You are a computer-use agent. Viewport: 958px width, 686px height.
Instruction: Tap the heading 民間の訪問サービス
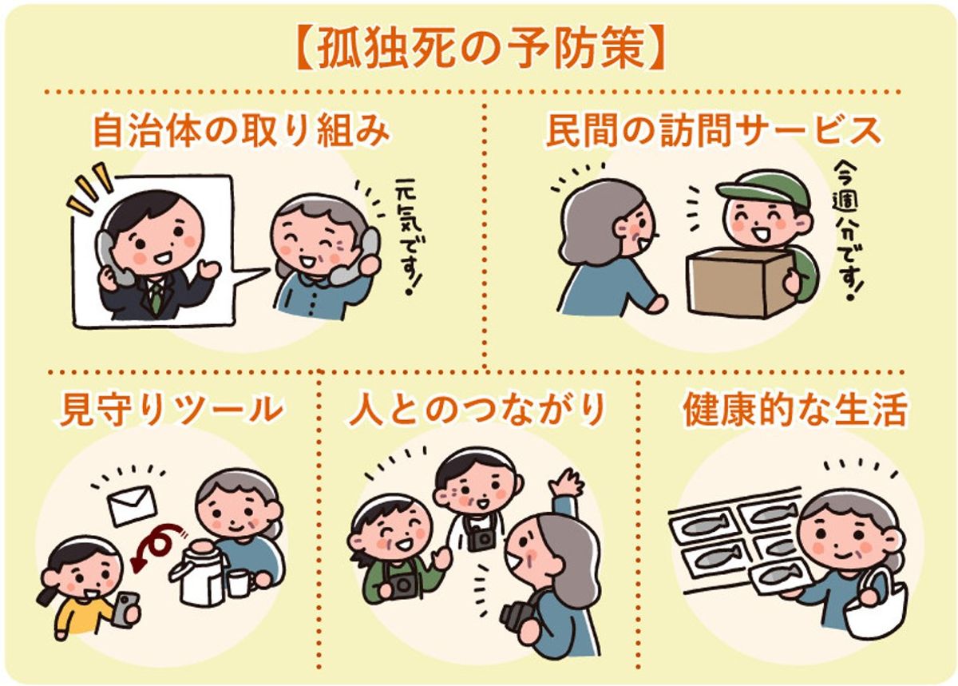tap(713, 131)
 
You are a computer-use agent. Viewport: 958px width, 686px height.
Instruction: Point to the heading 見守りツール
tap(172, 410)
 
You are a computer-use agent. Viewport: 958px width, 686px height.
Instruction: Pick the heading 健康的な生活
tap(795, 410)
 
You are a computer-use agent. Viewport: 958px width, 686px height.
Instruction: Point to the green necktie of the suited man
tap(157, 295)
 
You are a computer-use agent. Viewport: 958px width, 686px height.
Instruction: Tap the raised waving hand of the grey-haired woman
tap(568, 484)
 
